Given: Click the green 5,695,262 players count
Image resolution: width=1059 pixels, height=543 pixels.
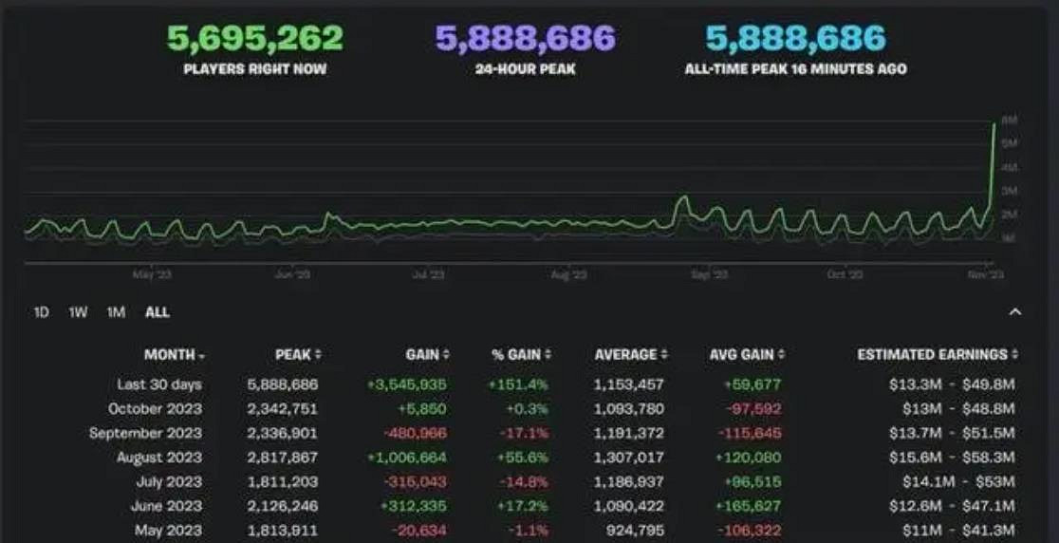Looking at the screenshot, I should click(255, 39).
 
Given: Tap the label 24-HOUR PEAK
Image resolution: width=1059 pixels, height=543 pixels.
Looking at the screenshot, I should click(525, 69).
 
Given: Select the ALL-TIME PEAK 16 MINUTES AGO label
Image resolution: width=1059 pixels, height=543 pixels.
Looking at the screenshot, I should click(795, 69).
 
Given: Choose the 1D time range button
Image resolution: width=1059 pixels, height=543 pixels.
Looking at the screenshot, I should click(42, 312).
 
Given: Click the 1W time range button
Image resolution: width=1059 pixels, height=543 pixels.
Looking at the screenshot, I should click(78, 312).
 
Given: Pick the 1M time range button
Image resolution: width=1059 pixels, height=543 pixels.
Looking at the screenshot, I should click(116, 312).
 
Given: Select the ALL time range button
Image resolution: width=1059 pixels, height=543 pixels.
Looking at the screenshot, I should click(158, 312).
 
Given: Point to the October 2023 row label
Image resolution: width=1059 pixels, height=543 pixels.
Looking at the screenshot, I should click(155, 408).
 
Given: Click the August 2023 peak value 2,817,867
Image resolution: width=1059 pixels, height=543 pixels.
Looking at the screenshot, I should click(283, 458).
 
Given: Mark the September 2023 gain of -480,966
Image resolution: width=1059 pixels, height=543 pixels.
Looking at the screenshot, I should click(414, 433).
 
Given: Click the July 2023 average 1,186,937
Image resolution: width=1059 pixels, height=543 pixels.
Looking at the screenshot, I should click(629, 482).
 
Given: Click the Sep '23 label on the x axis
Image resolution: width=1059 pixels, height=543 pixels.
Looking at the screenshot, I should click(709, 274).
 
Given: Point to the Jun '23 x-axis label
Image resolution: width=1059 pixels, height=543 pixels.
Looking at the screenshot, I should click(291, 274).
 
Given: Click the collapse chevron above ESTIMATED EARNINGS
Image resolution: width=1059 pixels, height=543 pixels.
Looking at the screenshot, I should click(1014, 311).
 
